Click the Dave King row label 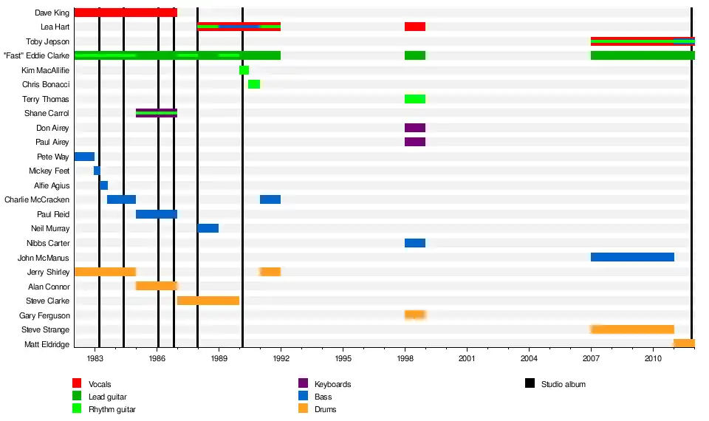(x=52, y=13)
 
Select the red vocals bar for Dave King (x=126, y=13)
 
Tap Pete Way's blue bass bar (x=84, y=157)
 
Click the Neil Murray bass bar (x=208, y=228)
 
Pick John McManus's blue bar (x=632, y=257)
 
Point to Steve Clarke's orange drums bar (x=208, y=301)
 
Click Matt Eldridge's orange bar (x=684, y=343)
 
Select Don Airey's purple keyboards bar (x=415, y=128)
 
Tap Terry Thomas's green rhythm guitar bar (x=415, y=99)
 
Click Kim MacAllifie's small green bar (x=244, y=70)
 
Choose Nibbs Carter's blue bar (x=415, y=243)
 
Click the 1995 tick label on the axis (x=343, y=359)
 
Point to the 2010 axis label (x=653, y=359)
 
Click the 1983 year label (x=95, y=359)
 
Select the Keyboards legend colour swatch (x=303, y=383)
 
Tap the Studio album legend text (x=563, y=384)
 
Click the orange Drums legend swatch (x=303, y=408)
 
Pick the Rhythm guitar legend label (x=112, y=409)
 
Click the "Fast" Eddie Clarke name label (x=36, y=55)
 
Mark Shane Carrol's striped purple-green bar (x=157, y=113)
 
